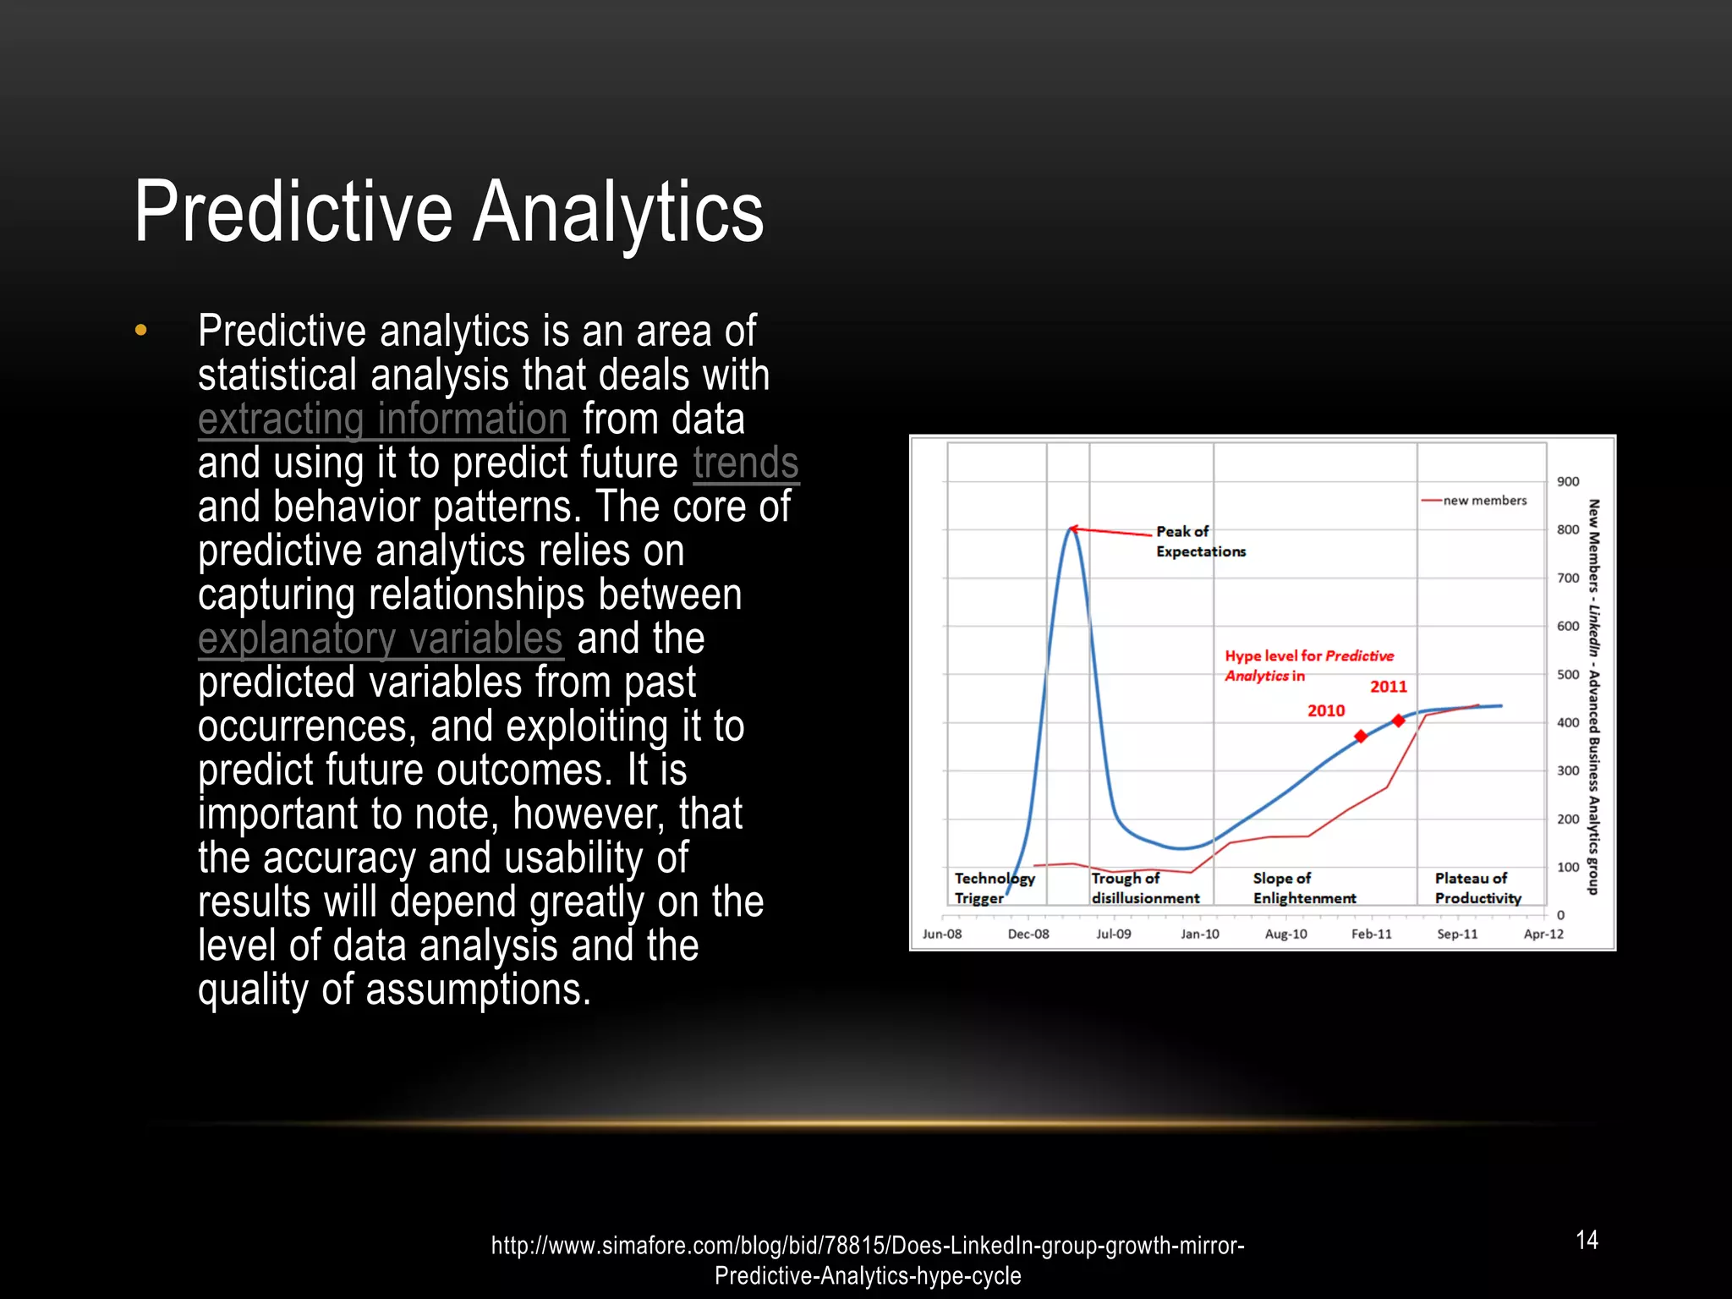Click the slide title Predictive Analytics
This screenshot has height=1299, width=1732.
pyautogui.click(x=449, y=212)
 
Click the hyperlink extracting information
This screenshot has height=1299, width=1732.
pyautogui.click(x=382, y=419)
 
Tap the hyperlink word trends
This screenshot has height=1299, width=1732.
pyautogui.click(x=745, y=463)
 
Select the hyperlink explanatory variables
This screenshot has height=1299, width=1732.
pyautogui.click(x=380, y=639)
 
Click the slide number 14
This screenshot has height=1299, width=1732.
pyautogui.click(x=1587, y=1240)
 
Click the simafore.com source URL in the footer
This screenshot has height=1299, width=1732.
pyautogui.click(x=868, y=1260)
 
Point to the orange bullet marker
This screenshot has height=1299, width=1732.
pyautogui.click(x=141, y=331)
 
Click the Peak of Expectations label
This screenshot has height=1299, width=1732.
pyautogui.click(x=1200, y=541)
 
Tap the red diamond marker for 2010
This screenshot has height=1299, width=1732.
pyautogui.click(x=1361, y=737)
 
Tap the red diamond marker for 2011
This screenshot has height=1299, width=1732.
pyautogui.click(x=1399, y=721)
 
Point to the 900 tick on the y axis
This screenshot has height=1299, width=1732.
pyautogui.click(x=1568, y=482)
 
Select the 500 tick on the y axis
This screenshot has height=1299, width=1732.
pyautogui.click(x=1568, y=675)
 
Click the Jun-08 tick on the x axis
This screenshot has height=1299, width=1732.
pyautogui.click(x=942, y=935)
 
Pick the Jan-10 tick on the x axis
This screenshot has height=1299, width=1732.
pyautogui.click(x=1200, y=935)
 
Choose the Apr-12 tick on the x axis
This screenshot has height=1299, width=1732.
pyautogui.click(x=1543, y=935)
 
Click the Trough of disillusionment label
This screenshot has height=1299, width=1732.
pyautogui.click(x=1145, y=889)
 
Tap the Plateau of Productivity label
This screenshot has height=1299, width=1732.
pyautogui.click(x=1477, y=889)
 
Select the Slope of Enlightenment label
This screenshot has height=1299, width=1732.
pyautogui.click(x=1304, y=889)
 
